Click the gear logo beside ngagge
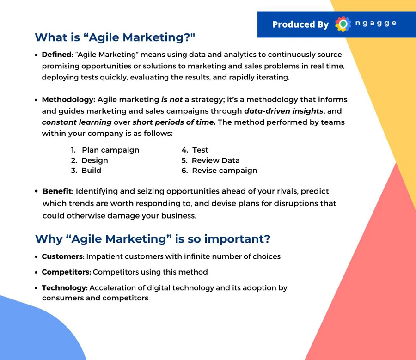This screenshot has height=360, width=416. click(343, 24)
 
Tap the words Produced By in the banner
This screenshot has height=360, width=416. click(300, 24)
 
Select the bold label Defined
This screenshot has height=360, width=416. click(57, 55)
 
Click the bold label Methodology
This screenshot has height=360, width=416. click(68, 100)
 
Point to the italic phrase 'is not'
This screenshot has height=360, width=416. click(171, 99)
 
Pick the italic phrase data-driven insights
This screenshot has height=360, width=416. click(284, 111)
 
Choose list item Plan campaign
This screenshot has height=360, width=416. click(105, 150)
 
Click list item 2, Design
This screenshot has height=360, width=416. click(89, 160)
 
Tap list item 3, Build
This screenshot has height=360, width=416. click(86, 171)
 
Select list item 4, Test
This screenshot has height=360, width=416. click(195, 150)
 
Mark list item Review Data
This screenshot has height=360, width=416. click(210, 160)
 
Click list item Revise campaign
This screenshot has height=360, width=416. click(219, 171)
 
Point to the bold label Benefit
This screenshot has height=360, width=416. click(57, 191)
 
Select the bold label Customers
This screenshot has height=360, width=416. click(62, 256)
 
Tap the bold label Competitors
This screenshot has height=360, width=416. click(66, 272)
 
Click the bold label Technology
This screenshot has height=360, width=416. click(64, 288)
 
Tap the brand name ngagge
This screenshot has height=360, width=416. click(376, 24)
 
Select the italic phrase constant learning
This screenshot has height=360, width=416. click(77, 122)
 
